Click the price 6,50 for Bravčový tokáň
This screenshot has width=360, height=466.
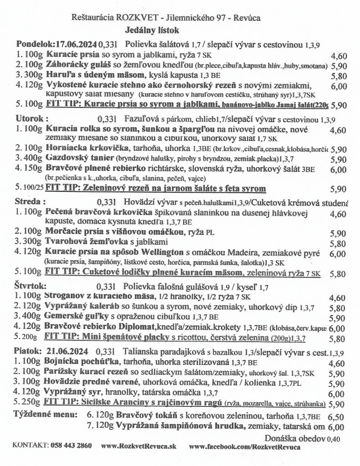[335, 417]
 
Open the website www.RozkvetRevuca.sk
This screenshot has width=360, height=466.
[139, 445]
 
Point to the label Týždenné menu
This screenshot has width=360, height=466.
[44, 416]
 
